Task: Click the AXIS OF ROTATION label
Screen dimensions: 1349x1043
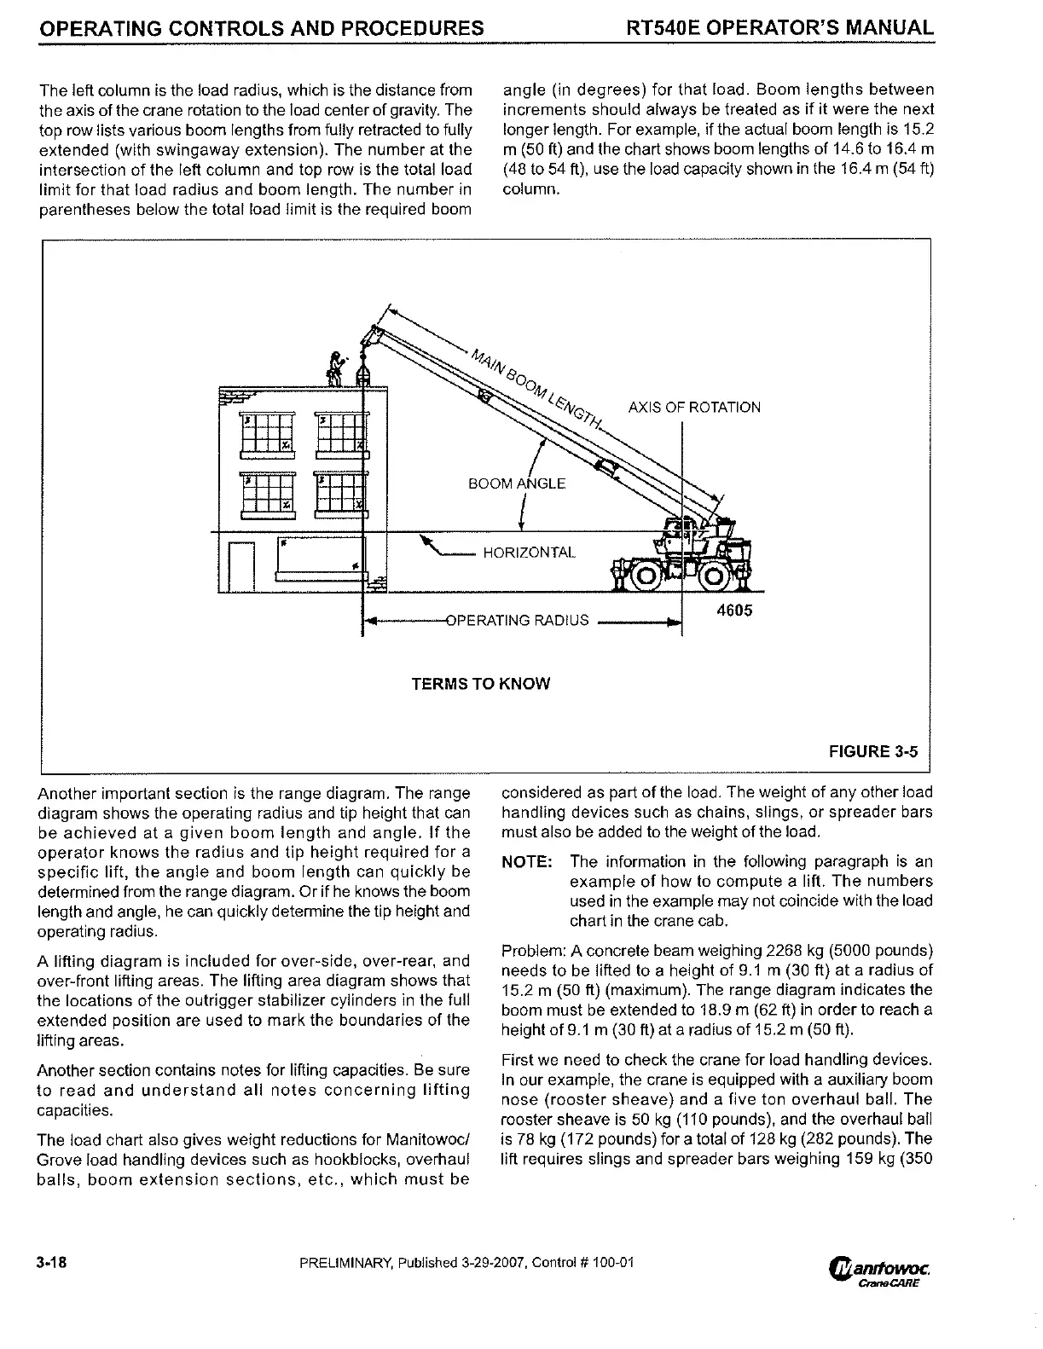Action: pos(693,408)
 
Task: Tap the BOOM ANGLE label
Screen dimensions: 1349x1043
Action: pos(516,483)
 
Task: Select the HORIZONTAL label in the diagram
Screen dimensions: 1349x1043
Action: pos(529,553)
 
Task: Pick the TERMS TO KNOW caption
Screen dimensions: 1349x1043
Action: pos(480,684)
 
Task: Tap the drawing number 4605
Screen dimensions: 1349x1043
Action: pos(734,611)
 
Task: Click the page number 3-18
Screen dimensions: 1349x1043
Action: pos(52,1263)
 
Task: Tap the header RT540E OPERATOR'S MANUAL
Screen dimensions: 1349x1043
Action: pos(779,28)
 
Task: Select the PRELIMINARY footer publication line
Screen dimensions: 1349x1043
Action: pos(467,1263)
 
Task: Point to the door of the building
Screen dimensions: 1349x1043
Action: pos(241,565)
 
